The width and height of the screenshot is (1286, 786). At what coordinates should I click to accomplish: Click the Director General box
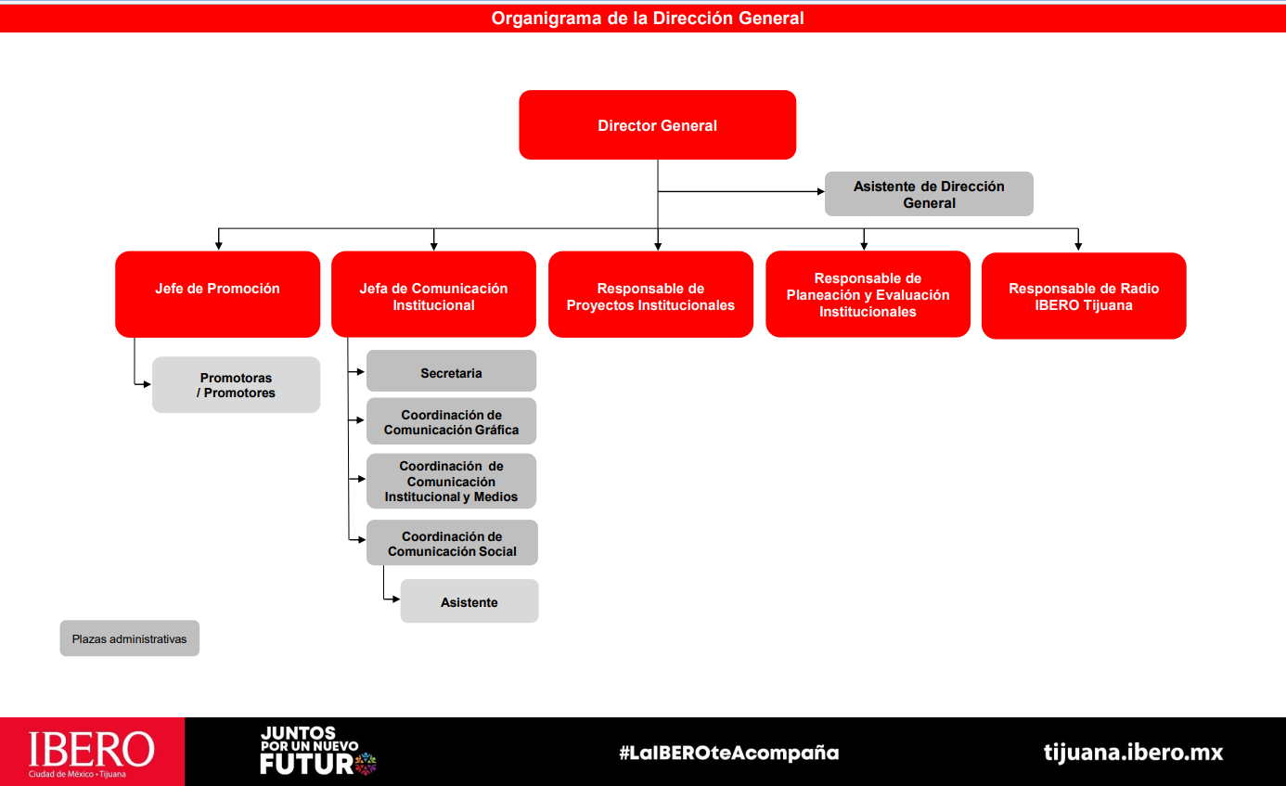pos(657,124)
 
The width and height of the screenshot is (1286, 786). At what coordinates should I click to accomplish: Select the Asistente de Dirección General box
pos(929,194)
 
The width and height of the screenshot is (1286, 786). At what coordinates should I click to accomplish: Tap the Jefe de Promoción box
pos(218,294)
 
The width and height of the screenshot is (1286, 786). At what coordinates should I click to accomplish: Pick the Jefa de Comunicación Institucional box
pos(433,294)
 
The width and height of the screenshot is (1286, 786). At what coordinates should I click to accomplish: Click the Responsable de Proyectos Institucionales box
pos(650,294)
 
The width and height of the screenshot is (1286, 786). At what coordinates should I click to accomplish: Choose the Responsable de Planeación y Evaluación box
pos(868,294)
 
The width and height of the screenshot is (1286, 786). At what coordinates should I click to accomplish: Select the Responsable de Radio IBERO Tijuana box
pos(1084,296)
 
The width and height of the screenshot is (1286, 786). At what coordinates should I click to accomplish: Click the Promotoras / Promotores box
pos(236,385)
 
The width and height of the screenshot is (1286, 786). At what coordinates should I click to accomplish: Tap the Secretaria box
pos(451,371)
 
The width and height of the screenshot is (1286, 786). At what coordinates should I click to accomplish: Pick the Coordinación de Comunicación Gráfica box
pos(451,421)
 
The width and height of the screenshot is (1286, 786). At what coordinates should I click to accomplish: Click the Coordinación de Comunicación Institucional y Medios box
pos(451,481)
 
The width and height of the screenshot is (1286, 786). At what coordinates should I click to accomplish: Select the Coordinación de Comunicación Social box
pos(452,543)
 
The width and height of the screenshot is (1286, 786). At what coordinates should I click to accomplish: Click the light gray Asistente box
pos(469,601)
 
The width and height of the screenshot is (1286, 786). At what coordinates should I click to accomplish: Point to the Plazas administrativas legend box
pos(130,638)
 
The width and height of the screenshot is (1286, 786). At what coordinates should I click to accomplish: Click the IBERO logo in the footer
pos(92,752)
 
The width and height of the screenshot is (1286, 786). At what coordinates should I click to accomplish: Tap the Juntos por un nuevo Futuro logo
pos(317,751)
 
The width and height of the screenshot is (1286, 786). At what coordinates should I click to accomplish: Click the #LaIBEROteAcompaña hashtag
pos(728,752)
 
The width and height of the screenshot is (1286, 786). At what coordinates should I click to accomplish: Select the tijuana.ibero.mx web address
pos(1133,752)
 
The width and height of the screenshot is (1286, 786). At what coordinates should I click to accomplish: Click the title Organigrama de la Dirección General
pos(647,19)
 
